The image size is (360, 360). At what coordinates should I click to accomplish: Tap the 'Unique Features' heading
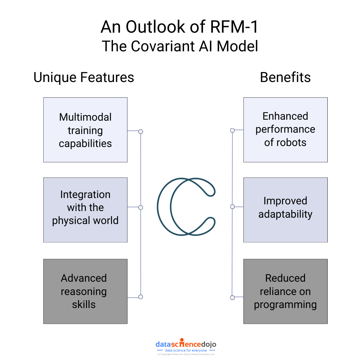[x=84, y=77]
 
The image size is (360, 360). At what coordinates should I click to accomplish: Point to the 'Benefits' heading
[x=285, y=77]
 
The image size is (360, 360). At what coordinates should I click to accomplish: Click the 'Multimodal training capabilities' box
[x=85, y=130]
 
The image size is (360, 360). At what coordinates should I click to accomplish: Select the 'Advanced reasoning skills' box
[x=85, y=291]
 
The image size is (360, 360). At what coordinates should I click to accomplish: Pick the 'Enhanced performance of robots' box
[x=285, y=130]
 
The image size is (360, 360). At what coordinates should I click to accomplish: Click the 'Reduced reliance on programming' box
[x=285, y=291]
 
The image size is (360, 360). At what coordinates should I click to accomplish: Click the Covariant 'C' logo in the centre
[x=186, y=207]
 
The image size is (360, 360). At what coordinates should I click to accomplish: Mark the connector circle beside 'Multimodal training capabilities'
[x=141, y=132]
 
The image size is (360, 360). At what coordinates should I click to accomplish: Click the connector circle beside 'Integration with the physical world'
[x=141, y=207]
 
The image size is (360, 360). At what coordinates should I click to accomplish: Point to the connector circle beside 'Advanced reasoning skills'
[x=141, y=297]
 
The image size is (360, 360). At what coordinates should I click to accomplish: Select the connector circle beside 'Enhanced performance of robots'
[x=232, y=130]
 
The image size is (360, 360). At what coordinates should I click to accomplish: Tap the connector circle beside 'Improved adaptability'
[x=232, y=207]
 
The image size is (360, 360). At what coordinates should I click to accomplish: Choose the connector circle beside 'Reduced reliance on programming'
[x=232, y=297]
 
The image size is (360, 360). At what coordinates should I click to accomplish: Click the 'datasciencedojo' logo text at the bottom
[x=186, y=344]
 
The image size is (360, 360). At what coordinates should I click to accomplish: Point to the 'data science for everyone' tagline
[x=186, y=350]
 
